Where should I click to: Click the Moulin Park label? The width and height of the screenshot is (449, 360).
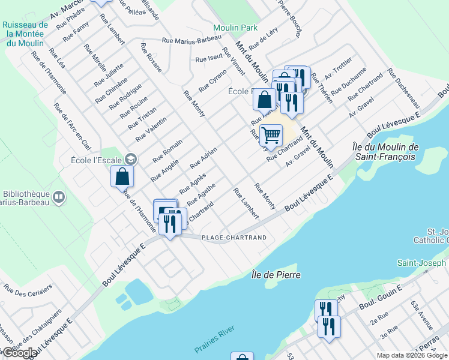pos(235,28)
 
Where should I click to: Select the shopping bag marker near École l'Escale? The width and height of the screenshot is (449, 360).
pos(122,177)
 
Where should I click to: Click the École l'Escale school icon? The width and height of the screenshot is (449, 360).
pos(131,159)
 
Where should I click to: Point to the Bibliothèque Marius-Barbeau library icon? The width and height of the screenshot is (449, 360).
pos(59,196)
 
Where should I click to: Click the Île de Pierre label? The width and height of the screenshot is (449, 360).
pos(276,275)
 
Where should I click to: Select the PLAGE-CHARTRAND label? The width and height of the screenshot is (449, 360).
pos(234,238)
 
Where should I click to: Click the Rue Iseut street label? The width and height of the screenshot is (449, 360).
pos(209,59)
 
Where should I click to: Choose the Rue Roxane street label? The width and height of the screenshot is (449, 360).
pos(151,58)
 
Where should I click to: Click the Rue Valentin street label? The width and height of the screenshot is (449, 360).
pos(151,129)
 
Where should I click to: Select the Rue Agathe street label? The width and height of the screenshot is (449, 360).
pos(200,191)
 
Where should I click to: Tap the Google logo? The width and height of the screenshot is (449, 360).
pos(20,353)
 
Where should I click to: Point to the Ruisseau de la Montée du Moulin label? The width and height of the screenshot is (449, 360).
pos(25,34)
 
